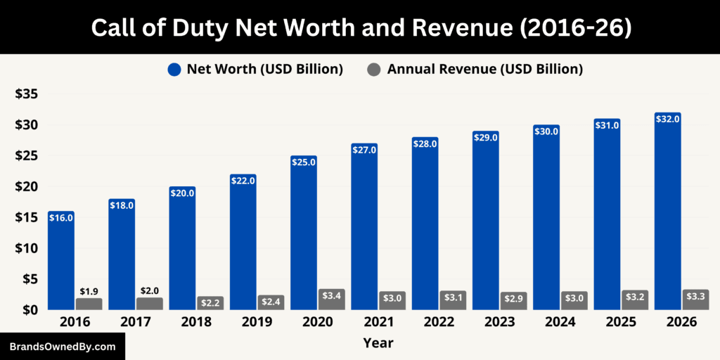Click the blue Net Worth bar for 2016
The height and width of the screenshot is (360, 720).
(x=61, y=264)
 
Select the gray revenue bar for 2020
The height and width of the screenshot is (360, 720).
(x=331, y=300)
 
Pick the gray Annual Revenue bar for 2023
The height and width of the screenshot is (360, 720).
(x=513, y=301)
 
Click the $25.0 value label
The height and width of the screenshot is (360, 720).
(x=303, y=162)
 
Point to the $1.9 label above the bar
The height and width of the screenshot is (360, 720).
(x=89, y=291)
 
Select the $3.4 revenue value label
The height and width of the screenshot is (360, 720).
(x=331, y=296)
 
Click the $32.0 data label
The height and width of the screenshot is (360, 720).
(x=667, y=120)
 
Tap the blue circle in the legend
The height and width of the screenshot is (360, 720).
(x=175, y=69)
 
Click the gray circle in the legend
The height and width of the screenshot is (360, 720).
(x=375, y=69)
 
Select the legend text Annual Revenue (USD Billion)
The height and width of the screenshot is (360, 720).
(x=484, y=69)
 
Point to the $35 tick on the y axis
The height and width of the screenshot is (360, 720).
(x=27, y=94)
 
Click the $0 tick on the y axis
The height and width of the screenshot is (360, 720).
(x=31, y=309)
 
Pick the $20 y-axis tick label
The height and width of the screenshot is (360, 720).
(x=27, y=186)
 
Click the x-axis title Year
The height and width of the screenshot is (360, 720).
(x=378, y=343)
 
